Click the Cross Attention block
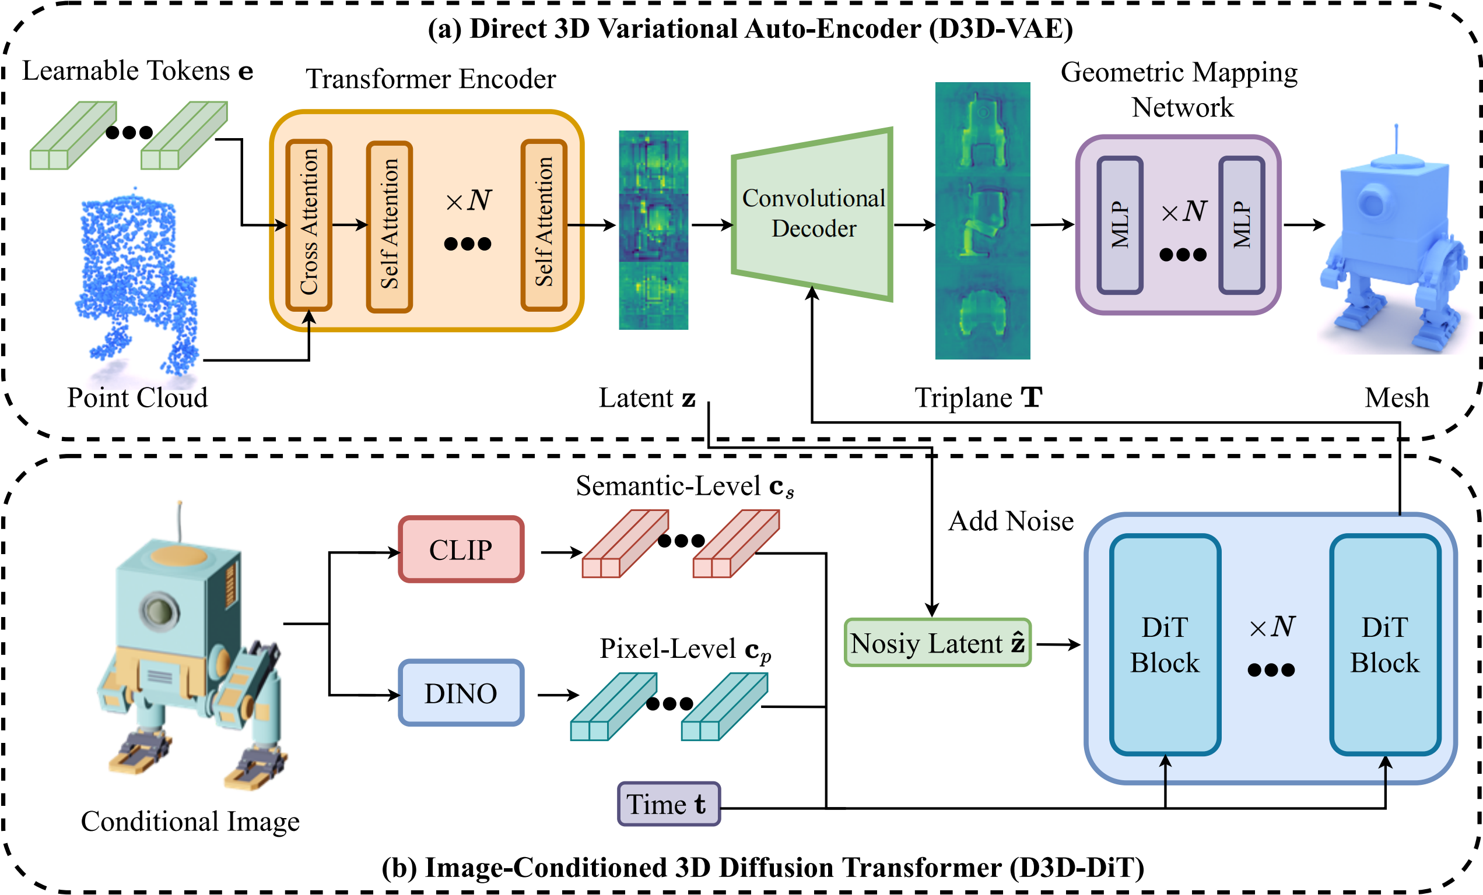coord(308,225)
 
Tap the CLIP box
coord(461,549)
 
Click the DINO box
coord(461,693)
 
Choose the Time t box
coord(669,804)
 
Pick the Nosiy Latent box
coord(937,643)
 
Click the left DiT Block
coord(1165,645)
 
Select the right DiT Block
coord(1384,645)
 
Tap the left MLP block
coord(1120,225)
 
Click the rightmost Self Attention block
coord(544,225)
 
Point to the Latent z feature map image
coord(653,230)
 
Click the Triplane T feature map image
coord(982,220)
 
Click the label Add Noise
coord(1011,521)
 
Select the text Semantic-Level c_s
coord(684,486)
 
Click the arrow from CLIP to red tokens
coord(561,551)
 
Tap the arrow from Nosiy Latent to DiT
coord(1057,644)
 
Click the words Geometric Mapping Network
coord(1179,89)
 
